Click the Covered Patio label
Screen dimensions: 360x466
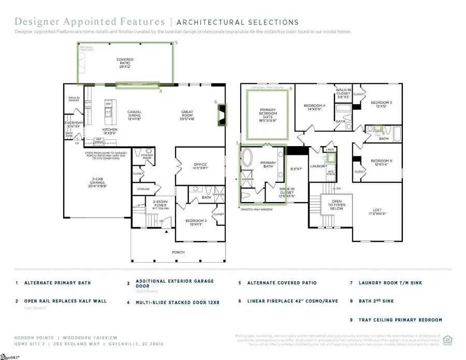click(125, 63)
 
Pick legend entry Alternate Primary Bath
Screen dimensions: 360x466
click(53, 283)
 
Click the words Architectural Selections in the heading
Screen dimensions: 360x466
click(238, 22)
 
